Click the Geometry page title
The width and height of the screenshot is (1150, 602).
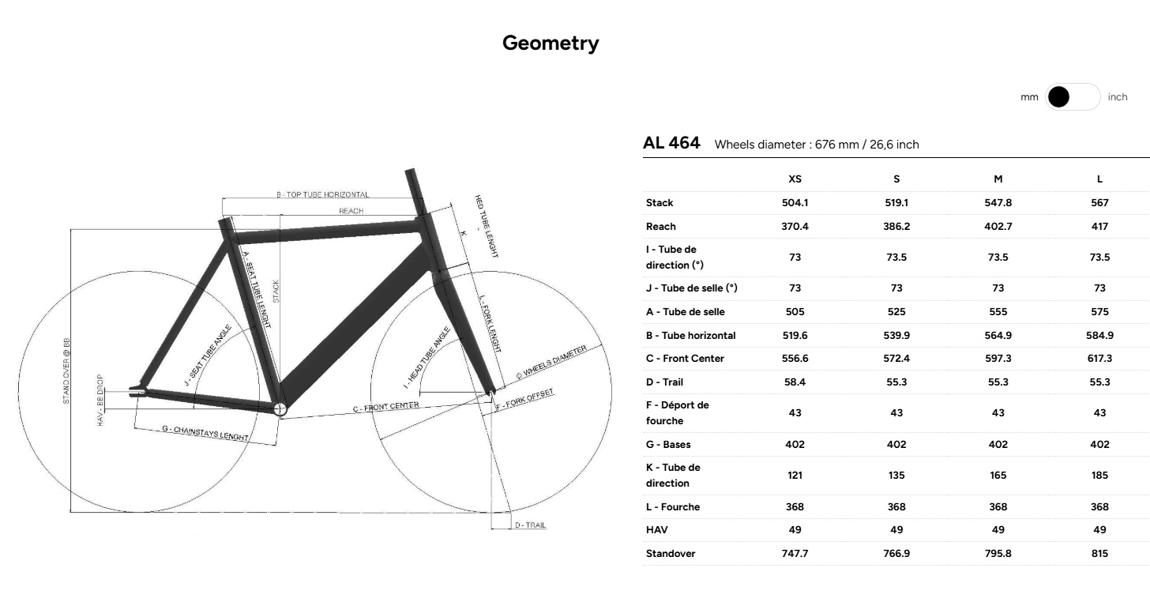click(x=551, y=43)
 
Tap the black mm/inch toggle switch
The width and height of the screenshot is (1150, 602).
click(x=1072, y=97)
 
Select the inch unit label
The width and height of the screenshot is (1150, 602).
click(x=1118, y=97)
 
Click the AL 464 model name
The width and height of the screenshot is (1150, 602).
click(x=671, y=143)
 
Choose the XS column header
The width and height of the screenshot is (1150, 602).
click(x=795, y=179)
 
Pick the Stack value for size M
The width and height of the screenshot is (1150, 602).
click(x=998, y=203)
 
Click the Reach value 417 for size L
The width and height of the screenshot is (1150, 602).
click(x=1099, y=227)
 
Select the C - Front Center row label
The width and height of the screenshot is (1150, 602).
click(x=685, y=359)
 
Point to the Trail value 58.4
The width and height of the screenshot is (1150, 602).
click(x=795, y=382)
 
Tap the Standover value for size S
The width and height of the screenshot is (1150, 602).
click(x=896, y=554)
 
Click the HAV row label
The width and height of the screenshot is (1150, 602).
click(x=656, y=530)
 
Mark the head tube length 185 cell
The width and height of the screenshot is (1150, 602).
click(x=1099, y=476)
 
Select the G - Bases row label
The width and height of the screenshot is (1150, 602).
click(x=668, y=445)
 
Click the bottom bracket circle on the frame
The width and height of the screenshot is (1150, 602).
click(x=280, y=408)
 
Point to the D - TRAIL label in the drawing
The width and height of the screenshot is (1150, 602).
click(x=530, y=525)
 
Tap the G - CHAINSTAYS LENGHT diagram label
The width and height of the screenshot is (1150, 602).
click(x=205, y=433)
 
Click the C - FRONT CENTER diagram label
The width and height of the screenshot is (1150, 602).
click(x=385, y=408)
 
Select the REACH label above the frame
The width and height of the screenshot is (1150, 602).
click(x=351, y=211)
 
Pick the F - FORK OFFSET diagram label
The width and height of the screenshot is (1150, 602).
click(x=526, y=398)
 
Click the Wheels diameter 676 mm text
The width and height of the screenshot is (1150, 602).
click(x=817, y=145)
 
